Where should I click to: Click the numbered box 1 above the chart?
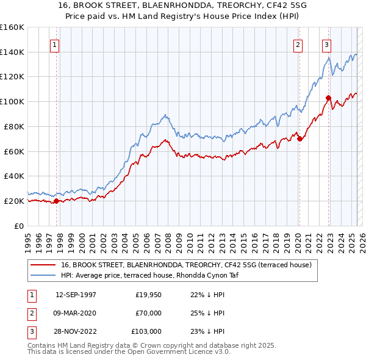tap(55, 45)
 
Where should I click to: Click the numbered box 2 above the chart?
tap(298, 45)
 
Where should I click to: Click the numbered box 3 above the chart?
tap(327, 45)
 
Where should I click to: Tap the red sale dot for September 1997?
tap(56, 201)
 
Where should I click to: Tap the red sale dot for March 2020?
tap(300, 139)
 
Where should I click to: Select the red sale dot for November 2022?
tap(328, 98)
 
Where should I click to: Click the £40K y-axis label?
tap(12, 176)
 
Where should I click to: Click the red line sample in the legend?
tap(43, 265)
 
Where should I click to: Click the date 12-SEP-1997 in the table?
tap(76, 295)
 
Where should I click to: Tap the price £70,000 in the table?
tap(149, 313)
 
